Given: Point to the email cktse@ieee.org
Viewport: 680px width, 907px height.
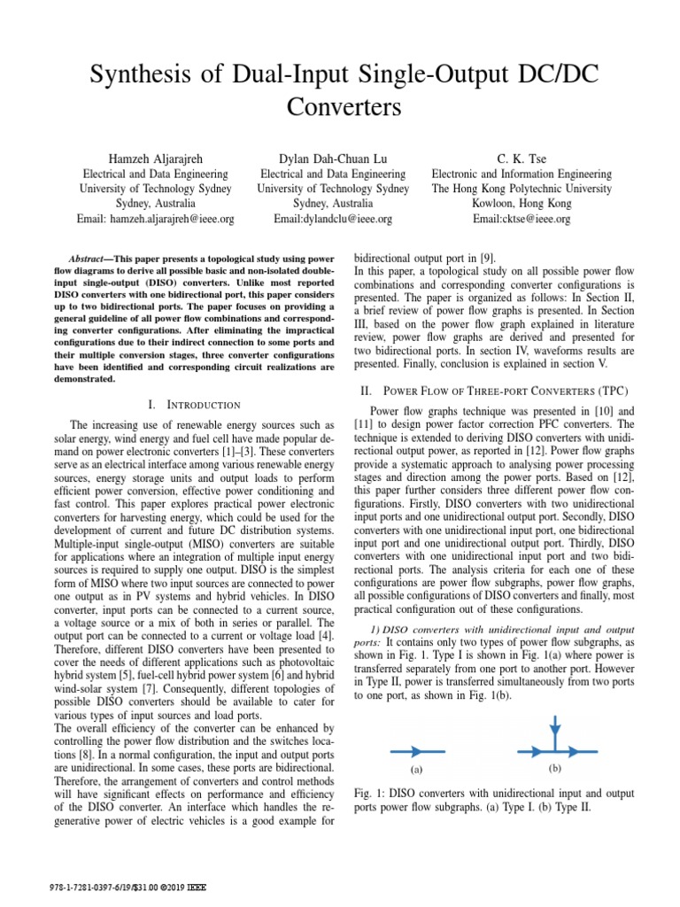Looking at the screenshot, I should (522, 219).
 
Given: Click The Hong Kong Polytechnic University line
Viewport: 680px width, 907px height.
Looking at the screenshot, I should (522, 189).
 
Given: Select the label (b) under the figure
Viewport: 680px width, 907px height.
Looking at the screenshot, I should (556, 768).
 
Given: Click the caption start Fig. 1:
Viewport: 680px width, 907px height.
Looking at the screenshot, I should (369, 793).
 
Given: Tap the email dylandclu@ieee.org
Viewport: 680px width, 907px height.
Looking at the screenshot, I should (333, 219).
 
